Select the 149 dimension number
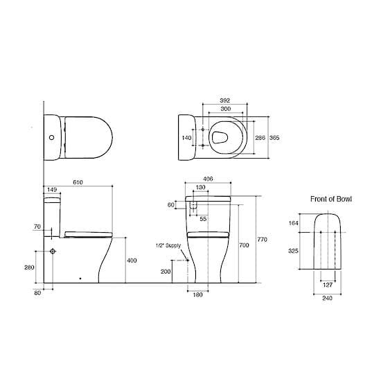51,188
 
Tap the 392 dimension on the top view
224,100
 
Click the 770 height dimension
263,240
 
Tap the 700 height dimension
244,246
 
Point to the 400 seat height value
132,260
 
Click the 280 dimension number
30,267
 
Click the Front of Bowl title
330,199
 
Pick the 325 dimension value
293,251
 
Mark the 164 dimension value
293,222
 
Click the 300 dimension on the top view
224,109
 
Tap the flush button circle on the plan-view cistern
51,137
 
